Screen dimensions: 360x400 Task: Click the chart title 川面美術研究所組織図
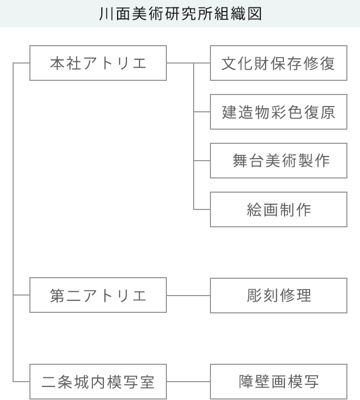[181, 14]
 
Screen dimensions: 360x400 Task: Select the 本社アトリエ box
[98, 63]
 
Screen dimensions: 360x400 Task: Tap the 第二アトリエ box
[98, 295]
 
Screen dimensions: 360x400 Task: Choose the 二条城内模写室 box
[98, 382]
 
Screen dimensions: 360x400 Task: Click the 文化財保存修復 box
[279, 63]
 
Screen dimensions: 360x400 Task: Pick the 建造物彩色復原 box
[279, 112]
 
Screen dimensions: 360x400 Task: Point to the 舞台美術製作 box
[279, 161]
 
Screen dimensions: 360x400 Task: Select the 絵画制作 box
[279, 209]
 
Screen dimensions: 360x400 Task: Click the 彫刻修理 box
[279, 296]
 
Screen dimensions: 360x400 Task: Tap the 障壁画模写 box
[279, 382]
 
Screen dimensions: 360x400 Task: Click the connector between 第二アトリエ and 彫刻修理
[188, 296]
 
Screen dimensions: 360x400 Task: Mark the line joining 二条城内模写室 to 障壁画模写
[188, 382]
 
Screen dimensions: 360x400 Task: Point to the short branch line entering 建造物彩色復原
[202, 112]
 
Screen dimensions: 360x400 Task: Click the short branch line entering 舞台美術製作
[202, 161]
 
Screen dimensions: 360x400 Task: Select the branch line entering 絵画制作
[202, 209]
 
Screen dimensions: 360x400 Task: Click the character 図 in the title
[255, 14]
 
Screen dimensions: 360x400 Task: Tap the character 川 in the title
[106, 14]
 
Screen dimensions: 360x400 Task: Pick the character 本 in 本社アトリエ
[57, 64]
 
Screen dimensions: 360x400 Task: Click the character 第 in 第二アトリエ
[57, 296]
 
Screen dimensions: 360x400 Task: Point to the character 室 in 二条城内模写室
[147, 382]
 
